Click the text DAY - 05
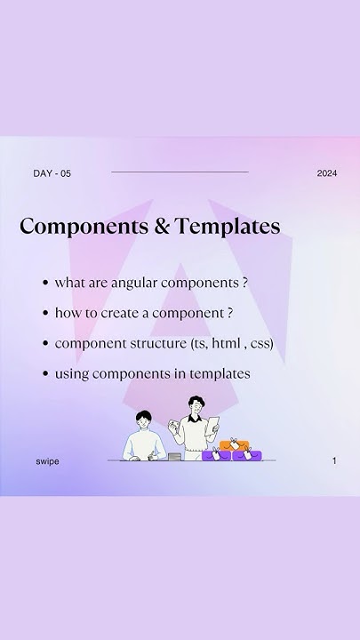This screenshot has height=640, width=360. (x=52, y=173)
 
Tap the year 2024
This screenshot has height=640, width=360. (x=326, y=173)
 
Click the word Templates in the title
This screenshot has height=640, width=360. (x=228, y=227)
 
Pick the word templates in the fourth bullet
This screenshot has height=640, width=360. (x=220, y=373)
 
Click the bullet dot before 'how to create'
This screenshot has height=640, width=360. (x=44, y=313)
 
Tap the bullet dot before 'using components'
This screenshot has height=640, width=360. (x=44, y=373)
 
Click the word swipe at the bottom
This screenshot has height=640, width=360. (x=47, y=461)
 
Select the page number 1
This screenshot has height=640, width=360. (x=334, y=461)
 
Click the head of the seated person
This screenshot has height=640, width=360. (x=144, y=419)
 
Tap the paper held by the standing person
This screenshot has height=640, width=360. (x=212, y=426)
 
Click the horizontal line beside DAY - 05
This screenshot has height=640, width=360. (x=180, y=172)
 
